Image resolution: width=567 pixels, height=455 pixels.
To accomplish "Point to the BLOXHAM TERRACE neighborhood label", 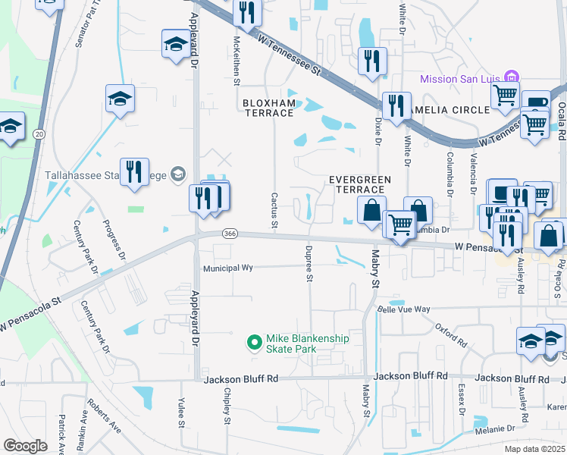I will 268,108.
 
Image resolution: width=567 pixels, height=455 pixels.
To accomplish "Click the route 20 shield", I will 38,134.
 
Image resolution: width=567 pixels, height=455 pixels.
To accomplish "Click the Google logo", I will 25,445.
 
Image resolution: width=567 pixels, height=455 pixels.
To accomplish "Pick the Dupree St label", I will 309,262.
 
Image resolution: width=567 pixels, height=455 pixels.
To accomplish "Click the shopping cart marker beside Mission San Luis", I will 504,96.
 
